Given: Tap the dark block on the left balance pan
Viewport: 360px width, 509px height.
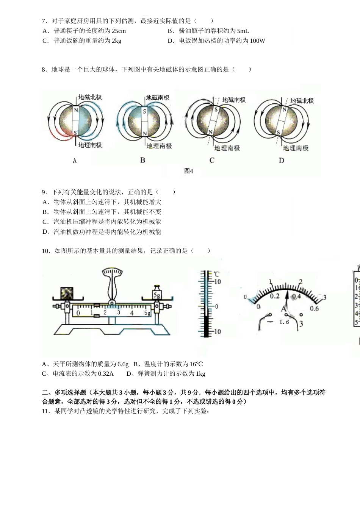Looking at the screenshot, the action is coord(67,294).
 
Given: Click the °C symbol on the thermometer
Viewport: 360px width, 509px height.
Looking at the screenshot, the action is coord(216,274).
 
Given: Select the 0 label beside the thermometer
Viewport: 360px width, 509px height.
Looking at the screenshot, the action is coord(216,306).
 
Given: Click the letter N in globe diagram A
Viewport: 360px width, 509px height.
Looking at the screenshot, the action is coord(76,110).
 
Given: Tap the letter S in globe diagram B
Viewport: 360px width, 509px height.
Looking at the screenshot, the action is coord(144,111).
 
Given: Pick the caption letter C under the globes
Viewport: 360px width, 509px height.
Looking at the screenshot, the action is coord(212,161).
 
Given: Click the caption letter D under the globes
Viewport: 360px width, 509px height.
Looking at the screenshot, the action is coord(281,161).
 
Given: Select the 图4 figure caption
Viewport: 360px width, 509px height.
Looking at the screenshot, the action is coord(189,171).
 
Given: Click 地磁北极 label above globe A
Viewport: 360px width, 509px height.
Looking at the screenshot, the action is coord(90,97).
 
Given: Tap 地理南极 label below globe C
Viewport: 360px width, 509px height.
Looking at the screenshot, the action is coord(227,148).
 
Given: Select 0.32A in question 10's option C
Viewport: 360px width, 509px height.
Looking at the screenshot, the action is coord(106,373).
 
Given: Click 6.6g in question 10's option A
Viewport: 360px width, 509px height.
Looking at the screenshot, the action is coord(123,364).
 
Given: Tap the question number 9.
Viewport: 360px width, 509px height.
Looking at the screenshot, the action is coord(44,192).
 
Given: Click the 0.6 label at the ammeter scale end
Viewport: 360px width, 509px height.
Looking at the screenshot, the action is coord(314,309).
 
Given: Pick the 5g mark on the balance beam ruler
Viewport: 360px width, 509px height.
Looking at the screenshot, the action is coord(147,313).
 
